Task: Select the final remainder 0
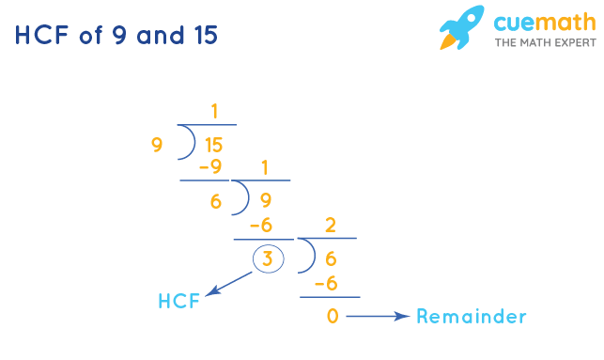(x=332, y=317)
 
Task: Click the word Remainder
(x=471, y=317)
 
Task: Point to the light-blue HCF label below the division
(x=178, y=302)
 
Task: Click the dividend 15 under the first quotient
(x=213, y=146)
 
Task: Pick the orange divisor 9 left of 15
(x=156, y=145)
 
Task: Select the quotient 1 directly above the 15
(x=215, y=112)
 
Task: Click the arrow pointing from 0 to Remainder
(x=378, y=317)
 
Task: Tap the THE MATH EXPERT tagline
(x=544, y=43)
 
